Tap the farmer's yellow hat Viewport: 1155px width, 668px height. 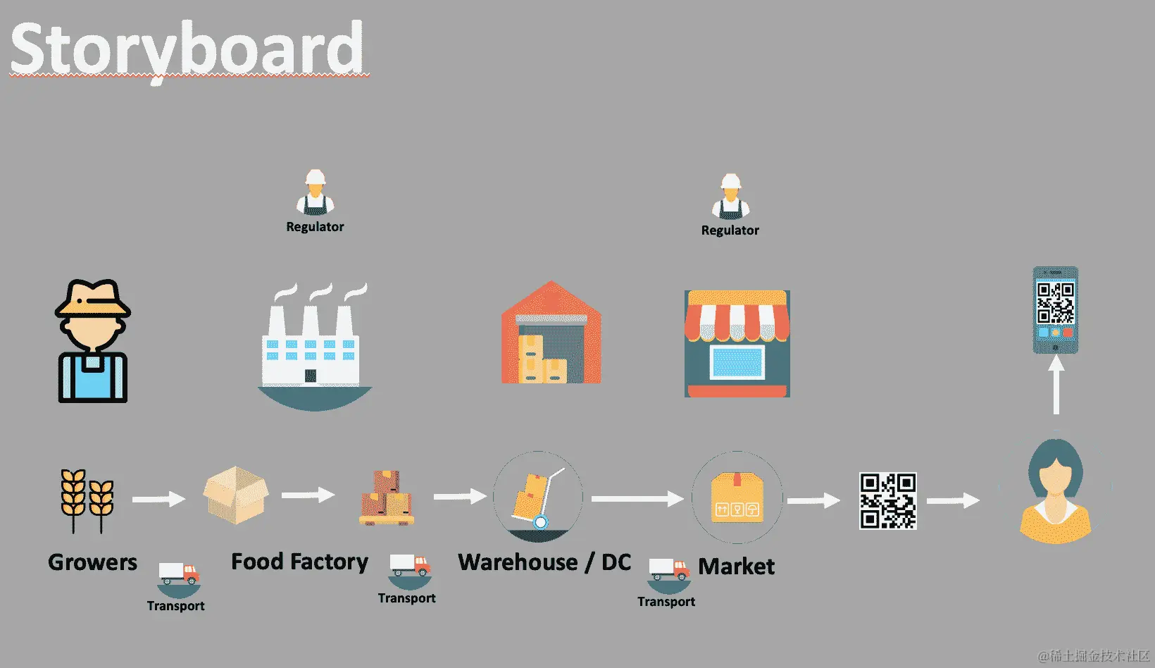coord(93,299)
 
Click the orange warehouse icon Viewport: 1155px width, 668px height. coord(551,334)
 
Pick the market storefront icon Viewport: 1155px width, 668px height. coord(737,344)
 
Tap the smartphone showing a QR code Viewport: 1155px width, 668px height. coord(1055,310)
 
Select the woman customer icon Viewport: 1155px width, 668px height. coord(1055,492)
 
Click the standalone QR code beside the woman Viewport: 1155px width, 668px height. coord(887,500)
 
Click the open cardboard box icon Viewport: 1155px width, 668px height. coord(236,495)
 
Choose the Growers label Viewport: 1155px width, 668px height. coord(92,562)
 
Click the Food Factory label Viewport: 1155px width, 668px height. coord(299,562)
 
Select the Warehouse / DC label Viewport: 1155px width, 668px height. coord(544,562)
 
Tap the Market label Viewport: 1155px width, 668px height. coord(736,567)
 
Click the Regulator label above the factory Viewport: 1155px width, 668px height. coord(315,227)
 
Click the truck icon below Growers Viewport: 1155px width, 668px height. coord(179,574)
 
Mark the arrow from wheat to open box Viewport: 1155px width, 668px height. coord(158,500)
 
